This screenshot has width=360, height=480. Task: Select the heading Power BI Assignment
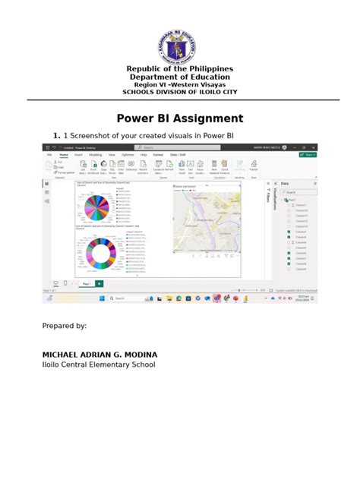point(180,118)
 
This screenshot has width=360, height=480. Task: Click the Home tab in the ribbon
point(64,154)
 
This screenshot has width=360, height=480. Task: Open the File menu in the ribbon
point(49,154)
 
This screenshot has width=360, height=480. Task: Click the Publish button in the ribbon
point(254,165)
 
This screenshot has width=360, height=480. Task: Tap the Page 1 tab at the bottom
point(87,283)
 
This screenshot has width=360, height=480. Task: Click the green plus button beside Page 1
point(99,283)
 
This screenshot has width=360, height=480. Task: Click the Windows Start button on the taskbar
point(99,298)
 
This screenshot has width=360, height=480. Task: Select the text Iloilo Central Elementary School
point(98,365)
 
